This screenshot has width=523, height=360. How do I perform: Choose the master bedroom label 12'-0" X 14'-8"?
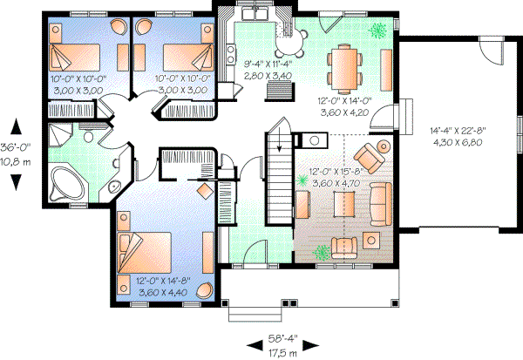coord(164,281)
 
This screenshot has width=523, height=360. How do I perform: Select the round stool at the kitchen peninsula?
coord(291,37)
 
